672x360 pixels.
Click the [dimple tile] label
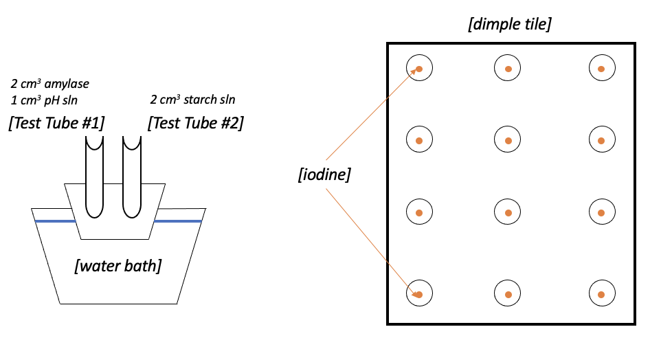coord(509,25)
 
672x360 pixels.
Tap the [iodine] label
coord(324,175)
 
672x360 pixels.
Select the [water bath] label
coord(117,266)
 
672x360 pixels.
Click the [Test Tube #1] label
coord(56,124)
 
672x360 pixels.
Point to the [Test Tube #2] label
coord(196,124)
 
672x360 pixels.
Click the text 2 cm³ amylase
coord(49,85)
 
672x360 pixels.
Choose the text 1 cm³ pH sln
coord(44,100)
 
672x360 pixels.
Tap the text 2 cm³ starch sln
coord(192,100)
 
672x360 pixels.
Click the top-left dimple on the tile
coord(419,68)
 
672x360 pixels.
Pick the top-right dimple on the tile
coord(601,68)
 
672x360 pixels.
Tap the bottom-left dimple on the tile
coord(419,294)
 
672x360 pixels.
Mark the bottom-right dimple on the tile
coord(601,294)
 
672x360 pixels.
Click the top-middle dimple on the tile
coord(508,68)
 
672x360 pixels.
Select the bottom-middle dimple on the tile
coord(508,294)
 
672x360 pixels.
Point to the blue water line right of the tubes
coord(177,221)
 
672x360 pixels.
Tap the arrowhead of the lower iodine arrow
coord(416,294)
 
